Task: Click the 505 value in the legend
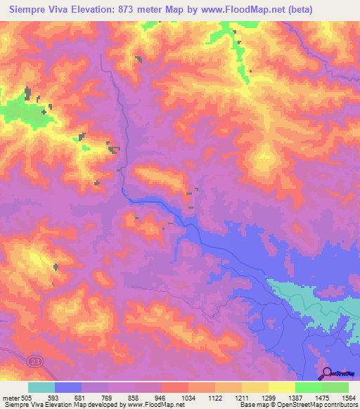27,396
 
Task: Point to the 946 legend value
160,396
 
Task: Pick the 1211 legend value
240,396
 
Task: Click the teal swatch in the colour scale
41,387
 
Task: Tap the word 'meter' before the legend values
11,396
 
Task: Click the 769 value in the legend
108,396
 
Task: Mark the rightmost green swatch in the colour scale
335,387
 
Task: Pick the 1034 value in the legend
187,396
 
